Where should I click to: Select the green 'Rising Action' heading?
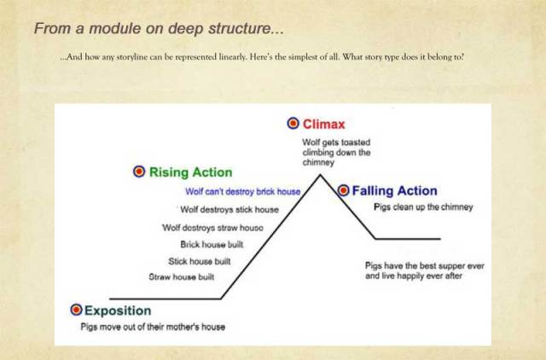pos(190,172)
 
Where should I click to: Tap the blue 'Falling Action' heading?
pos(394,191)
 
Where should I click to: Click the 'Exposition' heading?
pos(117,311)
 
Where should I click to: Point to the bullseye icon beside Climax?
pos(293,124)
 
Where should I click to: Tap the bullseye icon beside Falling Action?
pos(343,190)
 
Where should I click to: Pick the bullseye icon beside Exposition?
pos(75,310)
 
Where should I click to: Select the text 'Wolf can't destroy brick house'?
pos(242,193)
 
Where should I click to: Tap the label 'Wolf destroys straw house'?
pos(212,228)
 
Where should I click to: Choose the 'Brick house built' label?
pos(206,245)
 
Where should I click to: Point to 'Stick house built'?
pos(199,262)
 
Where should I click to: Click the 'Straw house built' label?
pos(181,278)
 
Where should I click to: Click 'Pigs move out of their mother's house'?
pos(153,327)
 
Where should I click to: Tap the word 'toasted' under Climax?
pos(352,142)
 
